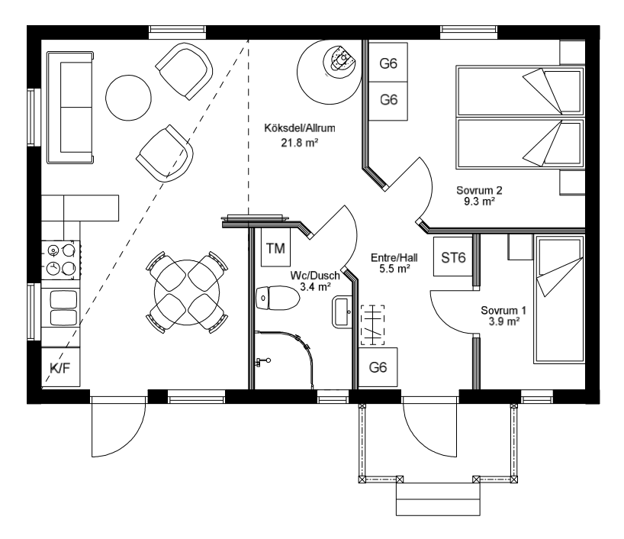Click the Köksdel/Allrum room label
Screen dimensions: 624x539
point(300,128)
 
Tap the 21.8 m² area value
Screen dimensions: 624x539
point(300,143)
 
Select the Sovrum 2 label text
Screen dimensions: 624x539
point(479,190)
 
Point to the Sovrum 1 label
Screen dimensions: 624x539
point(503,310)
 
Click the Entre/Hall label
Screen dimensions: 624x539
point(394,258)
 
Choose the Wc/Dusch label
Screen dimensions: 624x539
point(315,276)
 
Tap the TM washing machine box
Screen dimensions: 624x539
point(275,247)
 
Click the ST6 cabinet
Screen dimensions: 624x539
point(453,257)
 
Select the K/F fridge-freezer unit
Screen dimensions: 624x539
point(60,367)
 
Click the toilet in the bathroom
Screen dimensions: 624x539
point(278,298)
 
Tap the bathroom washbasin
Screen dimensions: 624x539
point(342,312)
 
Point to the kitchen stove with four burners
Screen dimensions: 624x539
point(61,260)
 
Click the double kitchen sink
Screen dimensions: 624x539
point(63,308)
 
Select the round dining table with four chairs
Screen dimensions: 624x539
point(187,292)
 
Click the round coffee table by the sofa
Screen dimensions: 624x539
point(129,98)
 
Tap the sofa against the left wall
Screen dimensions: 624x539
point(70,107)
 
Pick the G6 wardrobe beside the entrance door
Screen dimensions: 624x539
point(378,367)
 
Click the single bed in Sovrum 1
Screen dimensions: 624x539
point(558,299)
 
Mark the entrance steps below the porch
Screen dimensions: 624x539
point(438,499)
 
